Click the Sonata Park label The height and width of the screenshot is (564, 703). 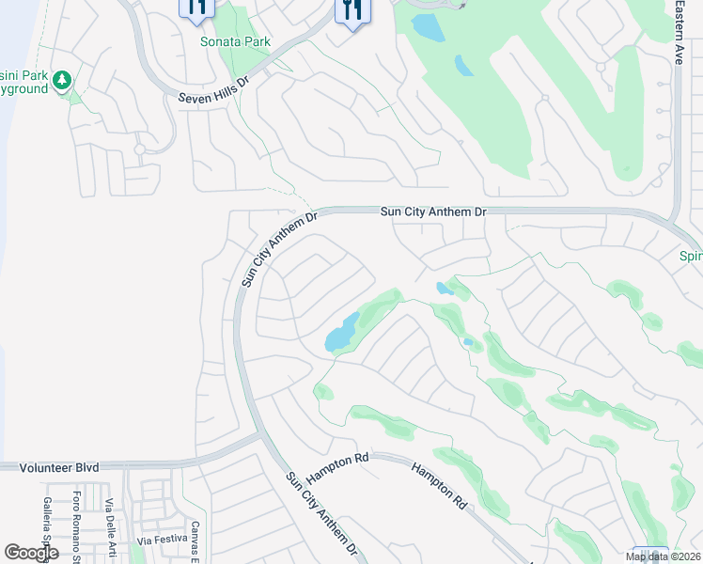pyautogui.click(x=235, y=41)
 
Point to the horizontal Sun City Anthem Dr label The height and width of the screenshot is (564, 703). pyautogui.click(x=433, y=212)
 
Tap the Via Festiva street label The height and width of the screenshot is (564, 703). pyautogui.click(x=157, y=540)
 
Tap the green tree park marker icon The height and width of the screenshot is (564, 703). pyautogui.click(x=63, y=81)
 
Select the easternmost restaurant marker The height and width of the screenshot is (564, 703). pyautogui.click(x=352, y=10)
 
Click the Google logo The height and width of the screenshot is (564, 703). pyautogui.click(x=31, y=553)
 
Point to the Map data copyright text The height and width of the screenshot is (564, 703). pyautogui.click(x=664, y=556)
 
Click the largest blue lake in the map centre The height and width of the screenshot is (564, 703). pyautogui.click(x=340, y=333)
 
